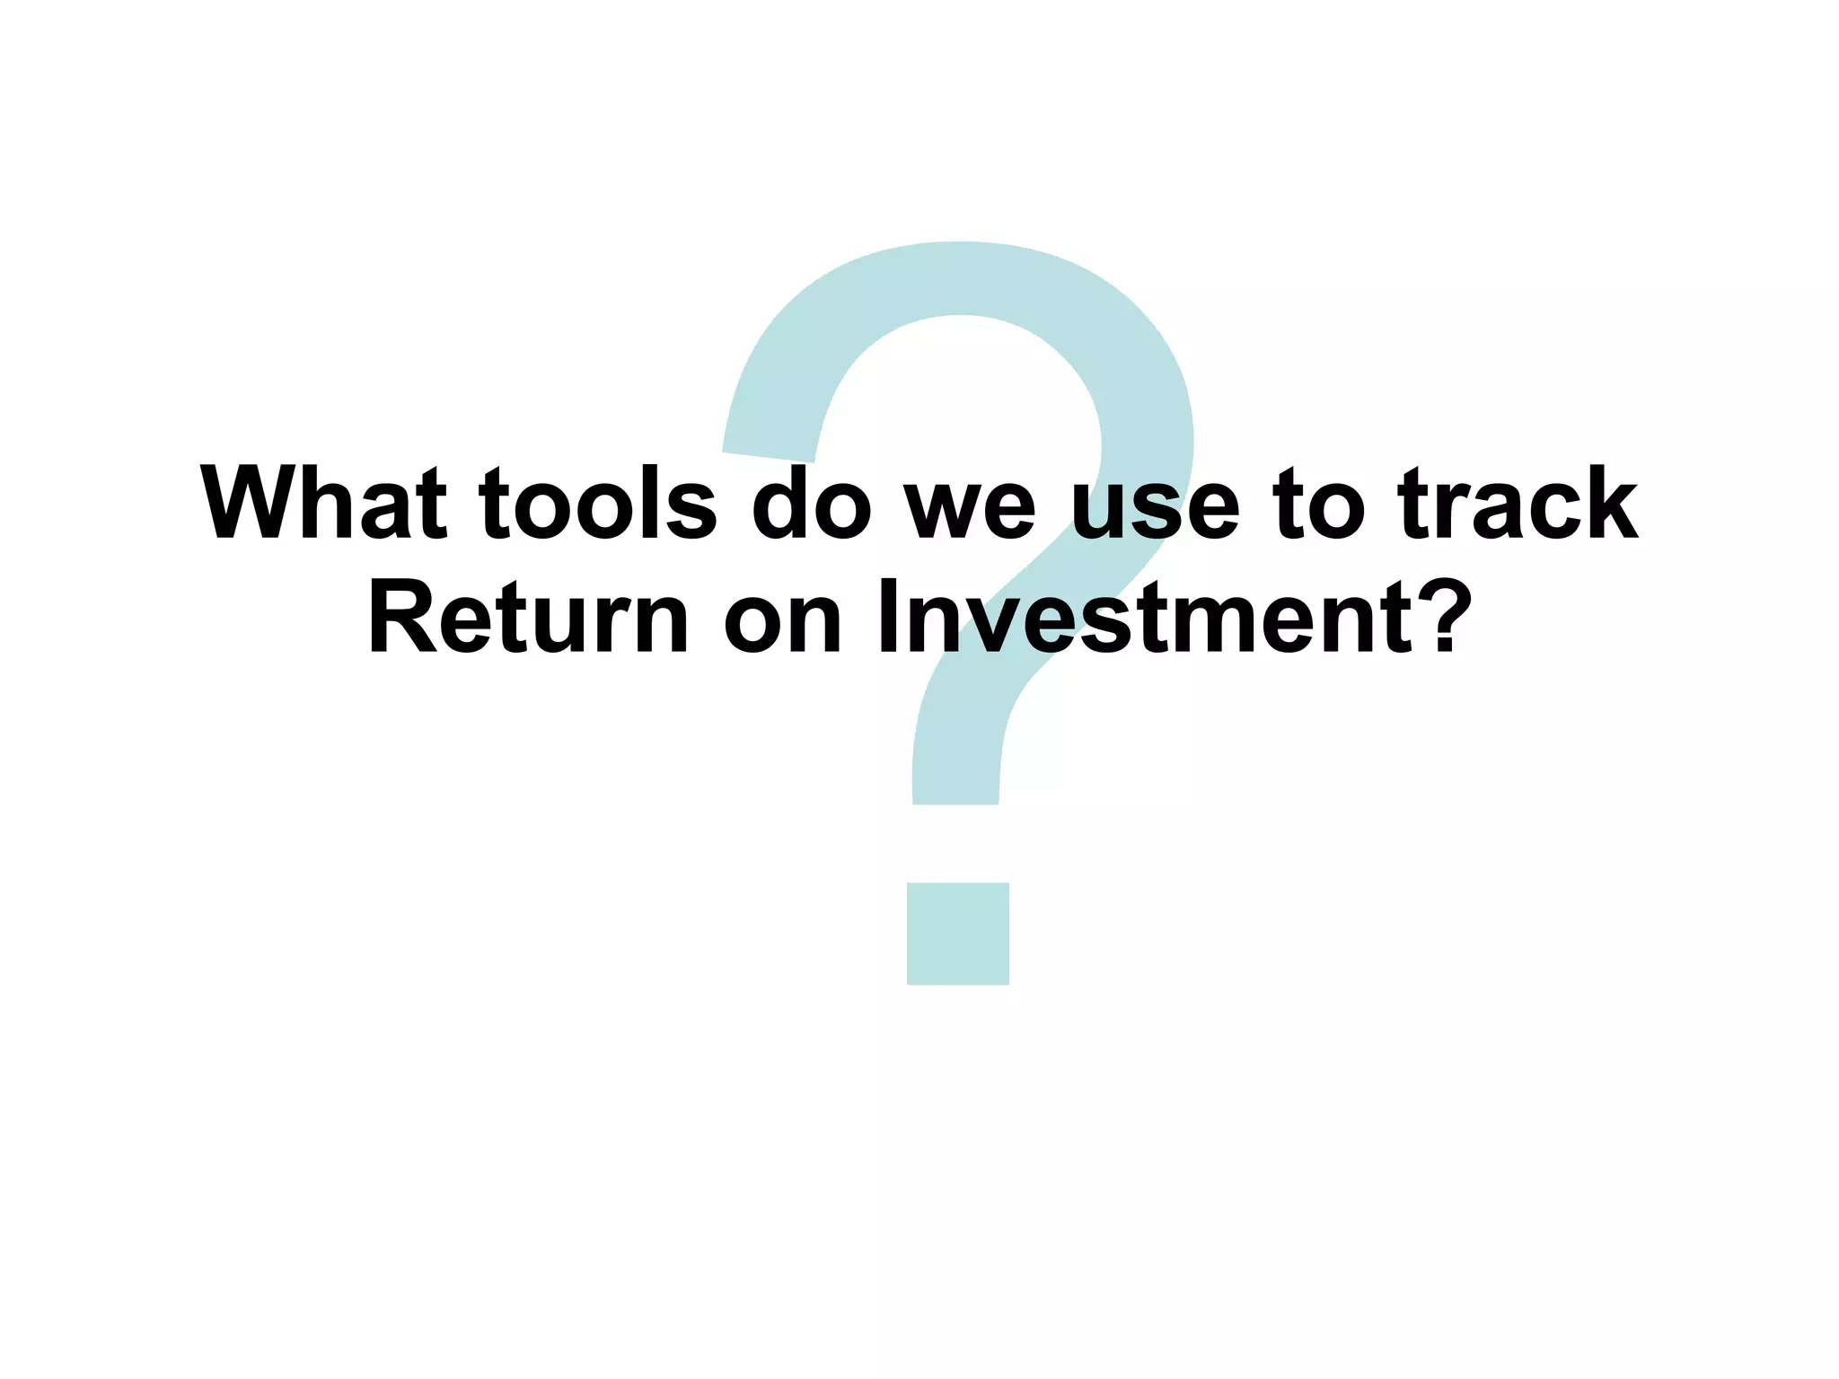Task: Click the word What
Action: (323, 505)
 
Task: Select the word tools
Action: (598, 505)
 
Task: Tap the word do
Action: (811, 505)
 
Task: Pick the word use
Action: (1156, 512)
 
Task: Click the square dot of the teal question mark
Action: (957, 934)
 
